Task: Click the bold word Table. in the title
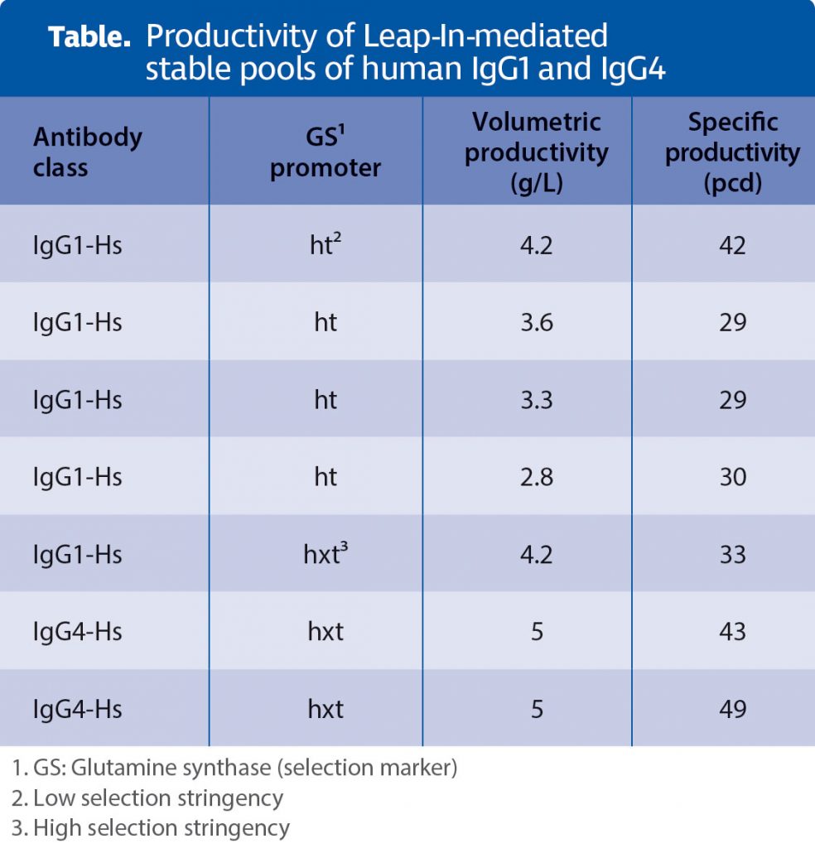coord(90,37)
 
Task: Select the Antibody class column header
coord(87,152)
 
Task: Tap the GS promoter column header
coord(326,152)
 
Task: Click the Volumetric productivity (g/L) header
coord(536,152)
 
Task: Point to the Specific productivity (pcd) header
coord(732,152)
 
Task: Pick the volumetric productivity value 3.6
coord(536,322)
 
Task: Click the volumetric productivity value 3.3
coord(536,400)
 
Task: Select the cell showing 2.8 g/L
coord(536,477)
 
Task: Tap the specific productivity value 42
coord(732,245)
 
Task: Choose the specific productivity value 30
coord(732,477)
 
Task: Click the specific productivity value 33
coord(732,554)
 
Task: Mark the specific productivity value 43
coord(732,632)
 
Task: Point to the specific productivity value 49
coord(732,709)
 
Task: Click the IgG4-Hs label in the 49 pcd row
coord(78,709)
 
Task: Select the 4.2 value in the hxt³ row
coord(536,554)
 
